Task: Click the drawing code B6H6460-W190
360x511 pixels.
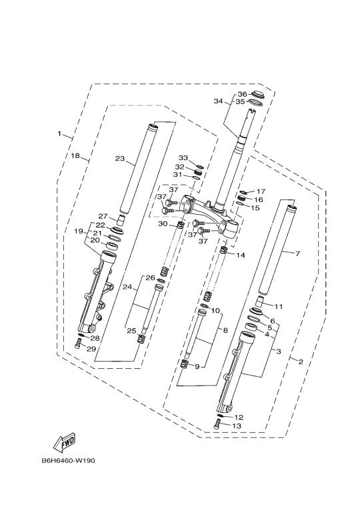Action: pyautogui.click(x=68, y=461)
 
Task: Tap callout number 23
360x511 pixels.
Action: pyautogui.click(x=120, y=158)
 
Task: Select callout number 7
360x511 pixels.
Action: pyautogui.click(x=297, y=253)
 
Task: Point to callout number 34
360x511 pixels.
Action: pyautogui.click(x=218, y=101)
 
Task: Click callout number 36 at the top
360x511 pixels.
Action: pyautogui.click(x=242, y=94)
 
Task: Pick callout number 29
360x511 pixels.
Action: pyautogui.click(x=91, y=349)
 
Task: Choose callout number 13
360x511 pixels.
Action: pyautogui.click(x=237, y=426)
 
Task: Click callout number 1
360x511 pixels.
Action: pyautogui.click(x=59, y=133)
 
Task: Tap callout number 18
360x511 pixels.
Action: pyautogui.click(x=75, y=156)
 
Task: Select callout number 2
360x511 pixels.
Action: pyautogui.click(x=301, y=362)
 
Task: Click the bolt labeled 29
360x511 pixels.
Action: pyautogui.click(x=77, y=344)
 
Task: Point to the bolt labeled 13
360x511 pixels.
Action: pyautogui.click(x=217, y=426)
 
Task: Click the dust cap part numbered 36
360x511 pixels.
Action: pyautogui.click(x=258, y=95)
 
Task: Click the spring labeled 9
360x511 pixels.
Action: pyautogui.click(x=185, y=364)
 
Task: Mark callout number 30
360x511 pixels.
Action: pyautogui.click(x=163, y=223)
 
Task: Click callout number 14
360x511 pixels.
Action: pyautogui.click(x=241, y=255)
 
